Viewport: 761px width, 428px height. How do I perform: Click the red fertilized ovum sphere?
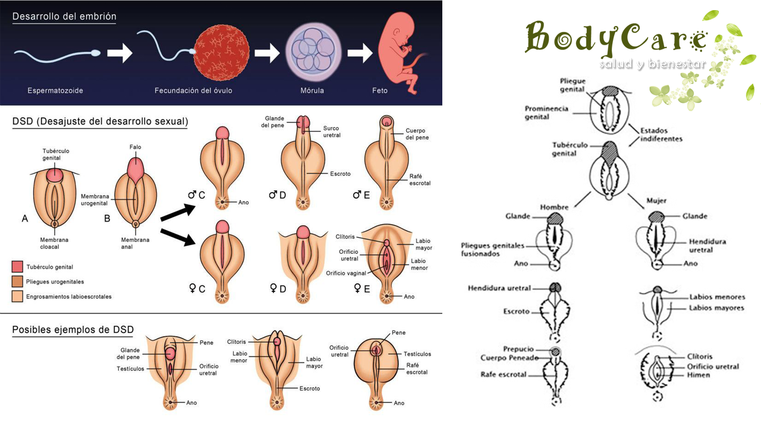tap(222, 53)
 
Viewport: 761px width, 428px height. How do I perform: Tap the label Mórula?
tap(312, 91)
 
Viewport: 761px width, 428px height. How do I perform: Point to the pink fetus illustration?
tap(401, 53)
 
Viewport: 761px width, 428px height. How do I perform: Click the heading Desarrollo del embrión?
tap(64, 16)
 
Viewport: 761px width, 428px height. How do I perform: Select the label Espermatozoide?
tap(55, 91)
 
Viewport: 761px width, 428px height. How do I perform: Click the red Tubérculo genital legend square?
tap(17, 267)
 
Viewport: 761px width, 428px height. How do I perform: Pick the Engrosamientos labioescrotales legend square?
tap(17, 296)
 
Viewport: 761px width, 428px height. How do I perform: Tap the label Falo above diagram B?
tap(135, 147)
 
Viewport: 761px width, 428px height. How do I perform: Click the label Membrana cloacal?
tap(54, 243)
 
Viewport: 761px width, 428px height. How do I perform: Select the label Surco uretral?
tap(332, 132)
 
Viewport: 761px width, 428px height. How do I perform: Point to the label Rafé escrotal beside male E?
tap(420, 180)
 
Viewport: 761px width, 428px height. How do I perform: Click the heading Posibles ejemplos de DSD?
tap(73, 329)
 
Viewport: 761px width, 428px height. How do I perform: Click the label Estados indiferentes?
tap(661, 135)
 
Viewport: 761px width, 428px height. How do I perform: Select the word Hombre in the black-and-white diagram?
tap(554, 207)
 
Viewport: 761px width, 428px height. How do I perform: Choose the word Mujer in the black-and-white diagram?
tap(656, 201)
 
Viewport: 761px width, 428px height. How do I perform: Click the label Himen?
tap(699, 375)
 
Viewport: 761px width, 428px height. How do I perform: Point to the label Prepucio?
tap(518, 349)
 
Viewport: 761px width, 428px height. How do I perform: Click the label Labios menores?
tap(717, 297)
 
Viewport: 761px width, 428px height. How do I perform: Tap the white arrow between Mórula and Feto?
tap(360, 53)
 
